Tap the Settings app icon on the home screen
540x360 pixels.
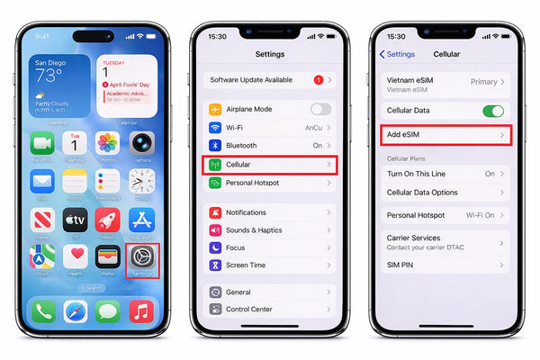pos(142,260)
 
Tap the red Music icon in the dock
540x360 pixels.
pos(142,312)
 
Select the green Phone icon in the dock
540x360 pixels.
pos(42,312)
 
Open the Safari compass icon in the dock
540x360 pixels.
pos(76,312)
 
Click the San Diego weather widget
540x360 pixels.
pos(59,85)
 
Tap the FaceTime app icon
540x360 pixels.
pos(42,143)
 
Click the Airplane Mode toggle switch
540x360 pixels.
pos(320,109)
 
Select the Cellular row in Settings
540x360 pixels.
pos(270,165)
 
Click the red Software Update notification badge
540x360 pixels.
pos(318,80)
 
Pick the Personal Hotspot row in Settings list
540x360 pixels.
pos(270,183)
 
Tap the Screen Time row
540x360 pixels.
pos(270,265)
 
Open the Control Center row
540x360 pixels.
pos(270,309)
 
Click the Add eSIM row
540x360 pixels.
pos(446,134)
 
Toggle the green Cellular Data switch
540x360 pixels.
pos(493,111)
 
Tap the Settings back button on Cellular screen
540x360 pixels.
pos(397,54)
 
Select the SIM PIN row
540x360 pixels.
pos(446,265)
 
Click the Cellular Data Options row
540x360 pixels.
pos(446,193)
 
